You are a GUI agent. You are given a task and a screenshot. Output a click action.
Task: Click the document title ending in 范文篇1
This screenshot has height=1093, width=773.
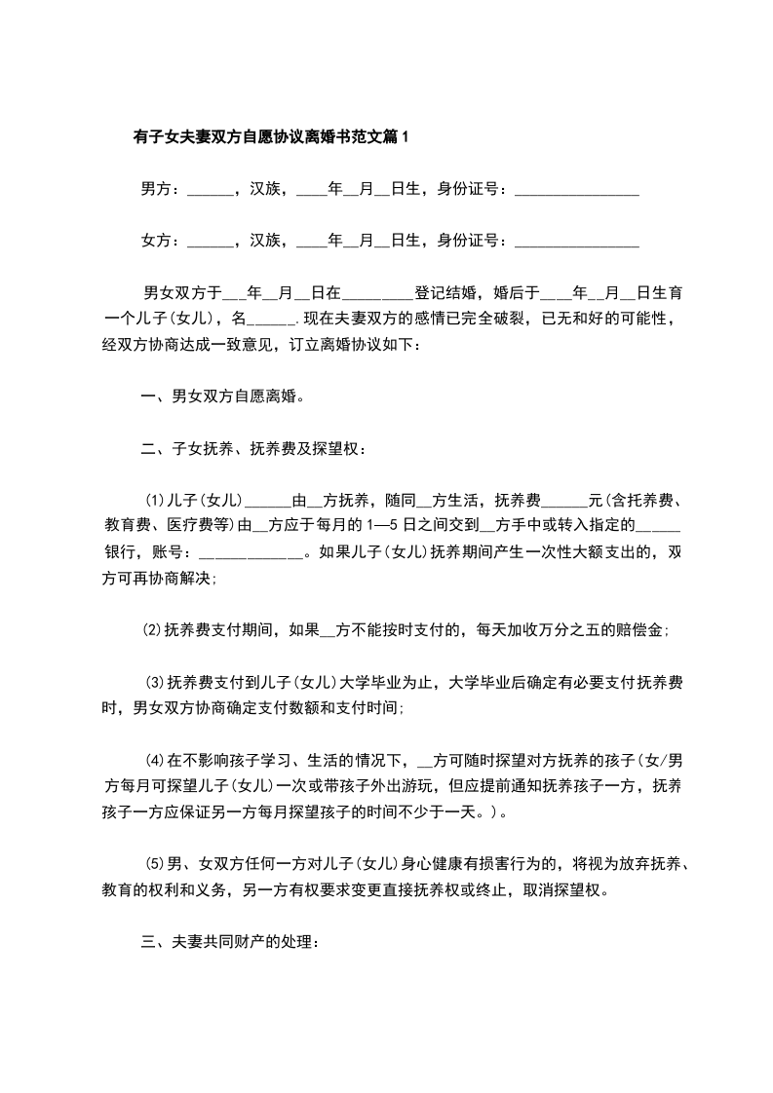271,137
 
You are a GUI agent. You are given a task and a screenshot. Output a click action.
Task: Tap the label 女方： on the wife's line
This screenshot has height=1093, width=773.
161,240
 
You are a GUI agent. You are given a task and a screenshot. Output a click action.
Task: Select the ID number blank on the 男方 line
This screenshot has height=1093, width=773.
576,191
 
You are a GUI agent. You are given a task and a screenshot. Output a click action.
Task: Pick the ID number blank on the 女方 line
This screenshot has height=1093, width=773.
576,242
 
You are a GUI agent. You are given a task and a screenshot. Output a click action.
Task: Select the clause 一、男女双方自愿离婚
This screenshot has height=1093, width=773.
222,397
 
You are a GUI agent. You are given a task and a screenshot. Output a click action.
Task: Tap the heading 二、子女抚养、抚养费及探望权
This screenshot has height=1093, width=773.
253,449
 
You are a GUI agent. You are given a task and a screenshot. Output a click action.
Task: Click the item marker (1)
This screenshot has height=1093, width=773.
155,501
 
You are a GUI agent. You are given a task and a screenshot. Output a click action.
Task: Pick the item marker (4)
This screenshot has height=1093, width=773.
155,758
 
